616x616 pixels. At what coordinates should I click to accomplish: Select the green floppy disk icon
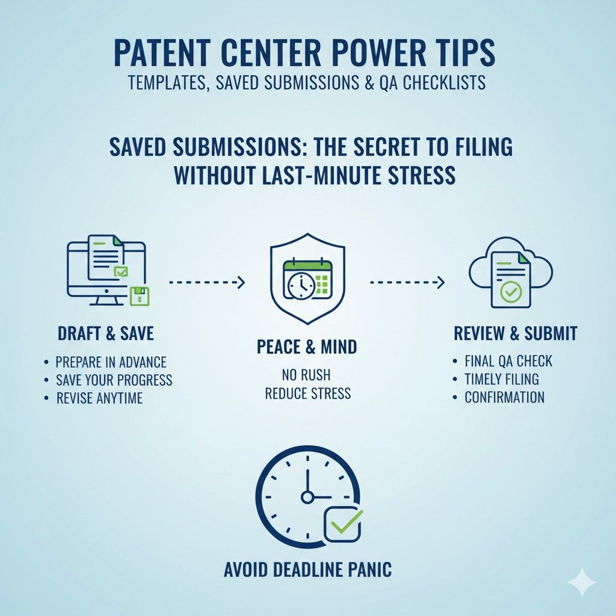[140, 296]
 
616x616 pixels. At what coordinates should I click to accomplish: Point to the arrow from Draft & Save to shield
[207, 282]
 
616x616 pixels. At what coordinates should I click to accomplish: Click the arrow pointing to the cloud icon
[407, 282]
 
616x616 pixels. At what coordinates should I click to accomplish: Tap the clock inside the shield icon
[301, 285]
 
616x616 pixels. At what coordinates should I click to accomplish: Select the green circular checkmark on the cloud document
[510, 292]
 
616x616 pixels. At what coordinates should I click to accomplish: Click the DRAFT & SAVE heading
[106, 333]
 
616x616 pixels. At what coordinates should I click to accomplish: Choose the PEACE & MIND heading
[307, 347]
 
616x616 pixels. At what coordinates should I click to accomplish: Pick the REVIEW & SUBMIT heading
[516, 333]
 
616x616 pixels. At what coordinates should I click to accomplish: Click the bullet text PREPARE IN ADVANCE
[111, 362]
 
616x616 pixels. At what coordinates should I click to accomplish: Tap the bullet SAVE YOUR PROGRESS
[114, 380]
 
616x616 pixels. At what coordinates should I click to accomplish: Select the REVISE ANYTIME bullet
[99, 398]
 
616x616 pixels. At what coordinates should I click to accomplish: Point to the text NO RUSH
[306, 375]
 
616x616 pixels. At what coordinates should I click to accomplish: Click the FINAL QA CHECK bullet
[508, 361]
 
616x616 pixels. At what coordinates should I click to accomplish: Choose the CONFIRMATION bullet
[505, 397]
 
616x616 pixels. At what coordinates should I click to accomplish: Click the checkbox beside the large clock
[342, 524]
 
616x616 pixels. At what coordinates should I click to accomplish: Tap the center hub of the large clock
[307, 497]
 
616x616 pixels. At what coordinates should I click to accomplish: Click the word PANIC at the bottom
[370, 570]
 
